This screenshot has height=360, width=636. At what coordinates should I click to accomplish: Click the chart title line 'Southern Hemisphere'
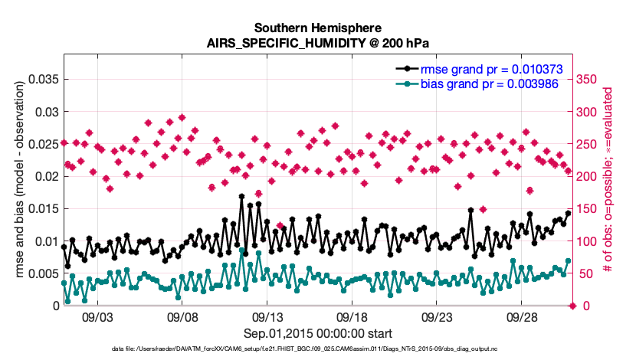click(317, 28)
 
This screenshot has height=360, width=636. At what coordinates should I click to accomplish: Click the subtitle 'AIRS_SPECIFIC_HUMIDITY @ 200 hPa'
click(317, 43)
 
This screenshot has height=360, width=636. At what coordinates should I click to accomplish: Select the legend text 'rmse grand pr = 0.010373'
click(492, 70)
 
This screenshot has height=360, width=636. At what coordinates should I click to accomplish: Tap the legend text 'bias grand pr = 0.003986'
click(489, 84)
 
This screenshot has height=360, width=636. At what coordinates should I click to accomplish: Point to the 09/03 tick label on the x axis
click(97, 317)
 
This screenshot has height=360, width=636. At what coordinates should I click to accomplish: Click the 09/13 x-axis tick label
click(267, 317)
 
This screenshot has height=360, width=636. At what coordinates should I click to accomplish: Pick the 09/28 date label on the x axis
click(522, 317)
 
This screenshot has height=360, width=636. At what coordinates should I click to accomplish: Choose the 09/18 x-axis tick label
click(352, 317)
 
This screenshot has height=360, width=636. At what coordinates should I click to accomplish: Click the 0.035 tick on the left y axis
click(44, 79)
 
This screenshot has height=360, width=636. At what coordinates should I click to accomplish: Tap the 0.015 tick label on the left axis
click(44, 209)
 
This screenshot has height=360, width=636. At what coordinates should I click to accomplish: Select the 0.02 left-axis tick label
click(47, 176)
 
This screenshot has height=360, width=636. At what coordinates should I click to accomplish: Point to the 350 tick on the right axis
click(586, 79)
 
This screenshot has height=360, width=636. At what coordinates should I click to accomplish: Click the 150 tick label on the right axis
click(586, 209)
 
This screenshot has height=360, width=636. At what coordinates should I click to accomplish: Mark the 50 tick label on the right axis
click(583, 273)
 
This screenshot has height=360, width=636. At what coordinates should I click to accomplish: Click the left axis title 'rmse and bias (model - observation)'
click(20, 179)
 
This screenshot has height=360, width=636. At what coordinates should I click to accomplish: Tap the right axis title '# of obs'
click(607, 252)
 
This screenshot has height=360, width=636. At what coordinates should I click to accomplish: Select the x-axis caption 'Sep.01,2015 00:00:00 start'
click(317, 334)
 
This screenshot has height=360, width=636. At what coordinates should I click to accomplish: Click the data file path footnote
click(304, 349)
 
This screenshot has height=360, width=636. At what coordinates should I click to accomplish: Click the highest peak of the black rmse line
click(241, 196)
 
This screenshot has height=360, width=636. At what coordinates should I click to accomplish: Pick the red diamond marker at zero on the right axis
click(572, 306)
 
